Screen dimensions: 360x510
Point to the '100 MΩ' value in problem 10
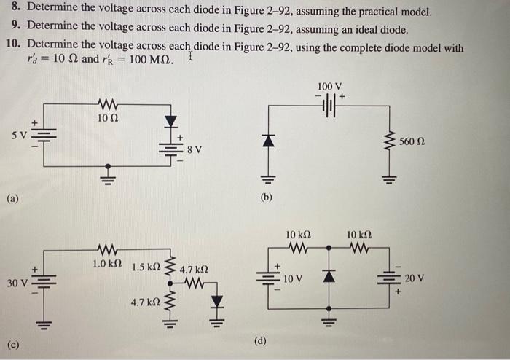click(x=151, y=59)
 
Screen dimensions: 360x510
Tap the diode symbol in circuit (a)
click(x=171, y=120)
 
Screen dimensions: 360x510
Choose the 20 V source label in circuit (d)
click(x=415, y=278)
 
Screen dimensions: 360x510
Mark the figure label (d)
click(x=260, y=340)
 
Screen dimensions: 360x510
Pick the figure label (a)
click(x=13, y=197)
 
